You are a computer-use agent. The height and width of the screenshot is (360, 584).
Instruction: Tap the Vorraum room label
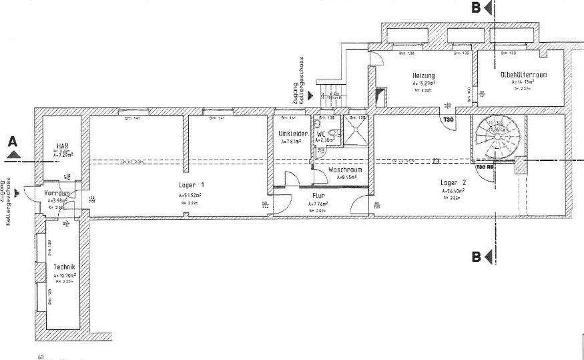57,193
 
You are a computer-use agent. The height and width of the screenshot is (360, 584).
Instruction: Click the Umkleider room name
293,134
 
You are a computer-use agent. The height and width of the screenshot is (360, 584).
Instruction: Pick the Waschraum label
345,170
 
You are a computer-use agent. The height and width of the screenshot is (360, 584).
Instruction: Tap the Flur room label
318,196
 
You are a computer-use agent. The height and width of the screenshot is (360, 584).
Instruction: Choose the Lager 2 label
453,182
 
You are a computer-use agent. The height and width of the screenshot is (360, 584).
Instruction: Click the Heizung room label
423,75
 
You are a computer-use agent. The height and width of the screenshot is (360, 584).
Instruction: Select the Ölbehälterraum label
523,75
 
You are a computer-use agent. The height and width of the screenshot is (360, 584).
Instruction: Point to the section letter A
11,142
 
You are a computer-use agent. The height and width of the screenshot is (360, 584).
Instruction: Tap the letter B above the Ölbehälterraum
476,8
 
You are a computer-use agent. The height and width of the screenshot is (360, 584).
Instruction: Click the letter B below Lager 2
477,256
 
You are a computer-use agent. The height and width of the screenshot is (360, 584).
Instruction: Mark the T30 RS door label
484,166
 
